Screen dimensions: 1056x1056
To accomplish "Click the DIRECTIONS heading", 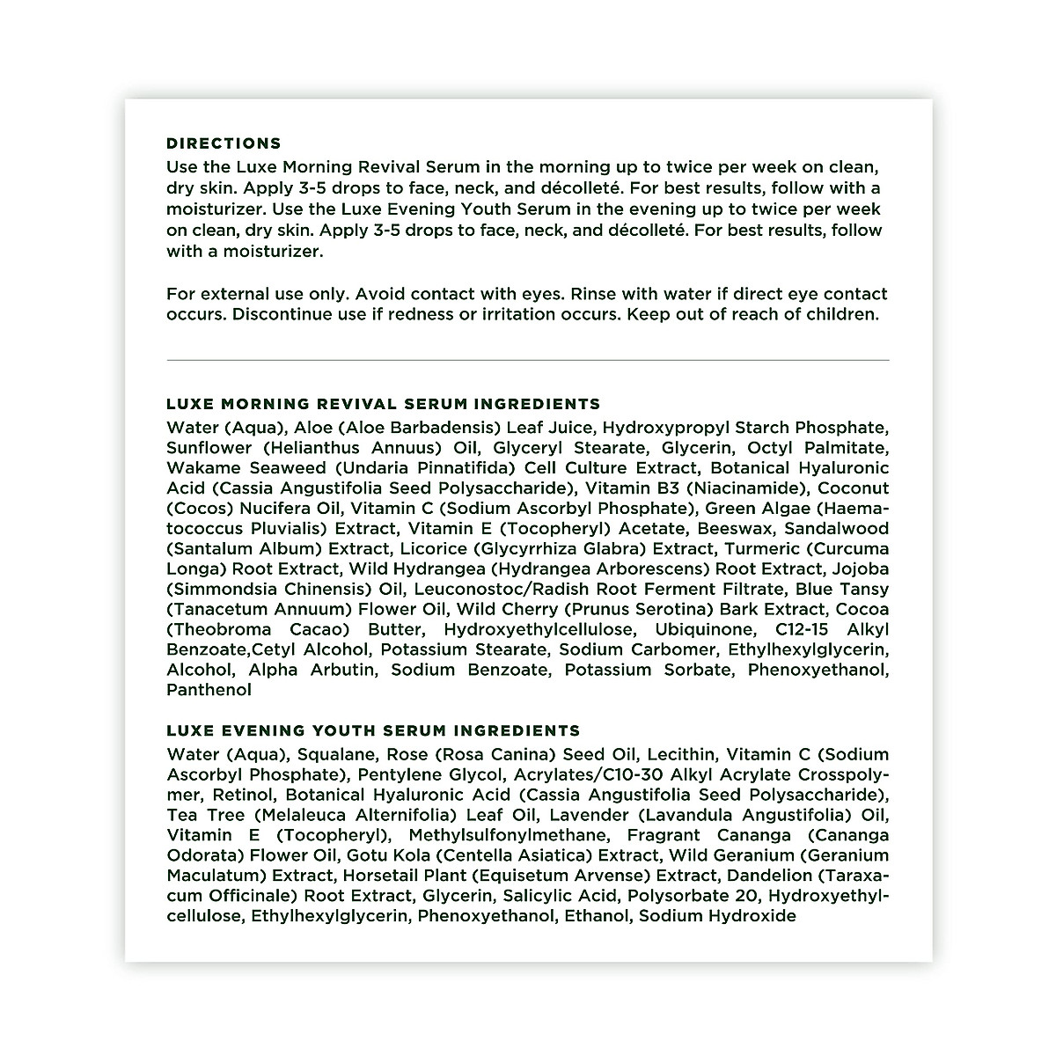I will coord(224,143).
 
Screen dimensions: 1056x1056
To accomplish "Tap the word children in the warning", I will coord(843,314).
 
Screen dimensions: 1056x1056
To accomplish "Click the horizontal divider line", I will coord(528,360).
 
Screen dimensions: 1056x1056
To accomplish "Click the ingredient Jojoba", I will coord(860,568).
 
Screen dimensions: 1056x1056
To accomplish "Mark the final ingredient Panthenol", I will coord(209,690).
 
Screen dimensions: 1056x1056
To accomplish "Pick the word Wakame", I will coord(199,467).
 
